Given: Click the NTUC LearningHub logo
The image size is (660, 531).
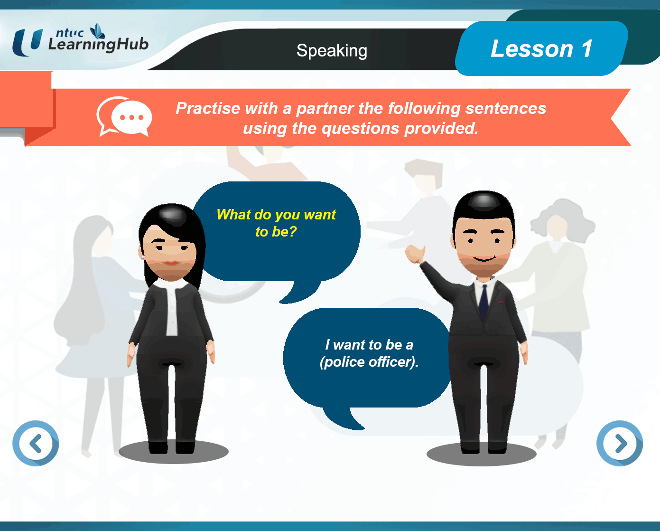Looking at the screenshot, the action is tap(80, 40).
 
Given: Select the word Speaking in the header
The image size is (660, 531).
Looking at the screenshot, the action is tap(332, 51).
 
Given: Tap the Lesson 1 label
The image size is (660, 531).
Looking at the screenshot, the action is tap(541, 48).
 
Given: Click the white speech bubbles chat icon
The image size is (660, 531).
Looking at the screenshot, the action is tap(124, 116).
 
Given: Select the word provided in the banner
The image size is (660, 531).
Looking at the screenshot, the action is tap(441, 128).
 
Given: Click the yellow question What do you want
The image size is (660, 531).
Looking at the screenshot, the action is tap(276, 214).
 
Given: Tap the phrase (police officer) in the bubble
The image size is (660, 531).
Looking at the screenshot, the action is tap(369, 362).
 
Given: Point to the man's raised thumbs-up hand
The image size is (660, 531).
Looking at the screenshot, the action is tap(415, 254).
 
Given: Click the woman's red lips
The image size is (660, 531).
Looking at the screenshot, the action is tap(171, 263).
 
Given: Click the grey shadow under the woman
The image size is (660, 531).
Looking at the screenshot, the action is tap(174, 452).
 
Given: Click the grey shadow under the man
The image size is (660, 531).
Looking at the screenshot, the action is tap(482, 455).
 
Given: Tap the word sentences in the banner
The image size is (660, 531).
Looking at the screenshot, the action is tap(506, 108).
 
